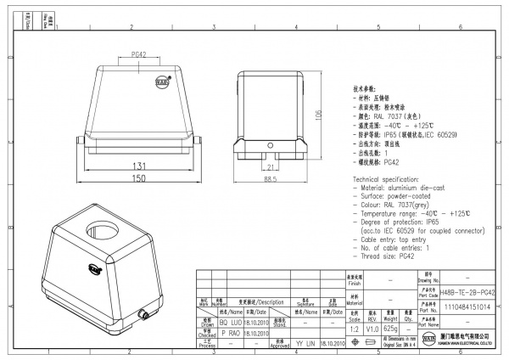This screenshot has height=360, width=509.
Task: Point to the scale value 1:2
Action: click(353, 329)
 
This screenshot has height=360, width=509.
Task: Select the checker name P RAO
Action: click(232, 334)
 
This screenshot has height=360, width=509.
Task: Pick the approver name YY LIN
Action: click(302, 345)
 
